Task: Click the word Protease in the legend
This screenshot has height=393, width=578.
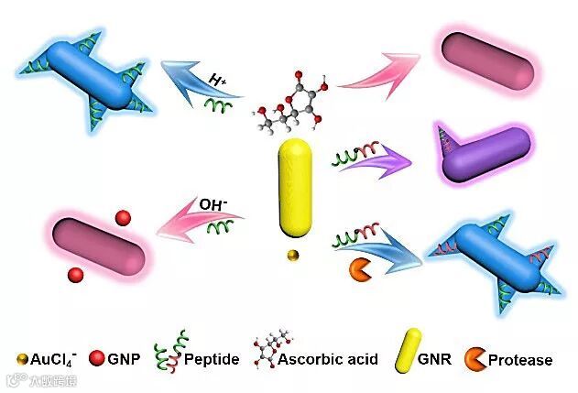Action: [x=520, y=359]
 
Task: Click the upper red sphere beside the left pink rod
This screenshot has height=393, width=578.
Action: [x=123, y=218]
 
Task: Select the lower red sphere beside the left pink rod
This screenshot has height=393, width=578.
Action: [x=77, y=274]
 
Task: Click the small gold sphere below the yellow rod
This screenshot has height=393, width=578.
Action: [x=292, y=255]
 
